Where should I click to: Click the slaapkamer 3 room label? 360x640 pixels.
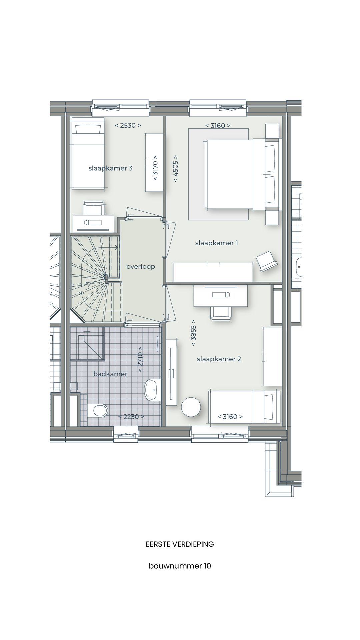110,168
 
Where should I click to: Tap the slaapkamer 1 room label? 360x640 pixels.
217,243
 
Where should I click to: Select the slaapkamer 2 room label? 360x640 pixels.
219,359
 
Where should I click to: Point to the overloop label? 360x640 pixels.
141,267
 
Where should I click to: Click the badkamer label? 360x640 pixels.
110,374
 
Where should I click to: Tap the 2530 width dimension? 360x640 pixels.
128,125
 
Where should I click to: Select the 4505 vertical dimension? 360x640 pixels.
176,168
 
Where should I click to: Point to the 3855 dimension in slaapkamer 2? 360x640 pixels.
193,333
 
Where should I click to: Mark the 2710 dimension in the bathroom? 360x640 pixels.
140,359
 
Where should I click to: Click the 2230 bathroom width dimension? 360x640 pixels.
131,417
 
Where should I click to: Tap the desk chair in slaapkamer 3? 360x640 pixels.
93,208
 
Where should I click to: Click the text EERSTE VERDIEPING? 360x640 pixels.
180,544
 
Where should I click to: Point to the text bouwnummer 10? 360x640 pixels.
180,566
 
